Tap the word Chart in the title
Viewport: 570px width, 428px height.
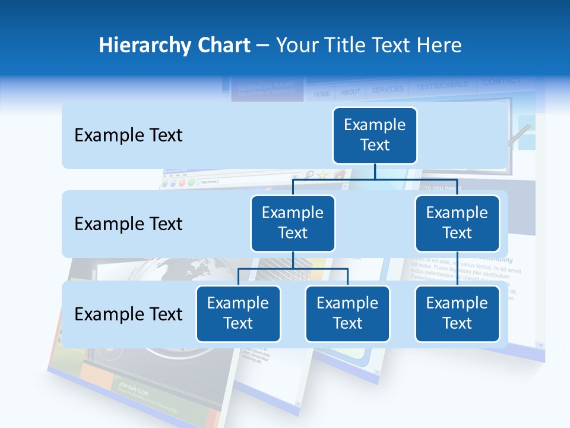click(x=223, y=45)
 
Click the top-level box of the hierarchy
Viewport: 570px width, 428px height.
click(x=375, y=135)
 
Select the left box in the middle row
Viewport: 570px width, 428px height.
click(x=293, y=223)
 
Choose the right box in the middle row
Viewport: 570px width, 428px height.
click(x=457, y=223)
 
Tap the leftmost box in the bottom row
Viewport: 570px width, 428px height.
click(x=238, y=313)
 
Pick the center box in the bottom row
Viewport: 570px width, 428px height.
click(x=347, y=313)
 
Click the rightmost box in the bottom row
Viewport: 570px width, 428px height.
click(x=457, y=313)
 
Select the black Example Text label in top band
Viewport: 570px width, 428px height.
click(x=128, y=136)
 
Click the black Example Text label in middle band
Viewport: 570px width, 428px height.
click(x=128, y=224)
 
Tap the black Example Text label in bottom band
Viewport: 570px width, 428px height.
click(x=128, y=314)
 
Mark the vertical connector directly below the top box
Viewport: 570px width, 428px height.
click(x=375, y=171)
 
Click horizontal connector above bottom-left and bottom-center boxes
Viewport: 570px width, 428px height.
click(x=293, y=269)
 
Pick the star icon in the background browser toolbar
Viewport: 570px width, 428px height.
click(x=323, y=175)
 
